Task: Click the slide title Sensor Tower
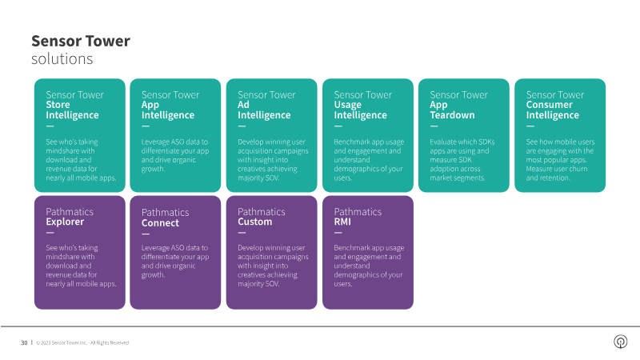click(80, 41)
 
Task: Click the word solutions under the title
click(62, 59)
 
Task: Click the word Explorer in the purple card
click(65, 222)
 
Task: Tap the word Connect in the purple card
click(160, 223)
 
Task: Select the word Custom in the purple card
click(254, 222)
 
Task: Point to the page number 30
click(24, 342)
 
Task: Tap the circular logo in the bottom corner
click(620, 342)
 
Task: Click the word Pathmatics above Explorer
click(70, 211)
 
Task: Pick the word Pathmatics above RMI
click(358, 211)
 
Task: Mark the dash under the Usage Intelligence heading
click(337, 126)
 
